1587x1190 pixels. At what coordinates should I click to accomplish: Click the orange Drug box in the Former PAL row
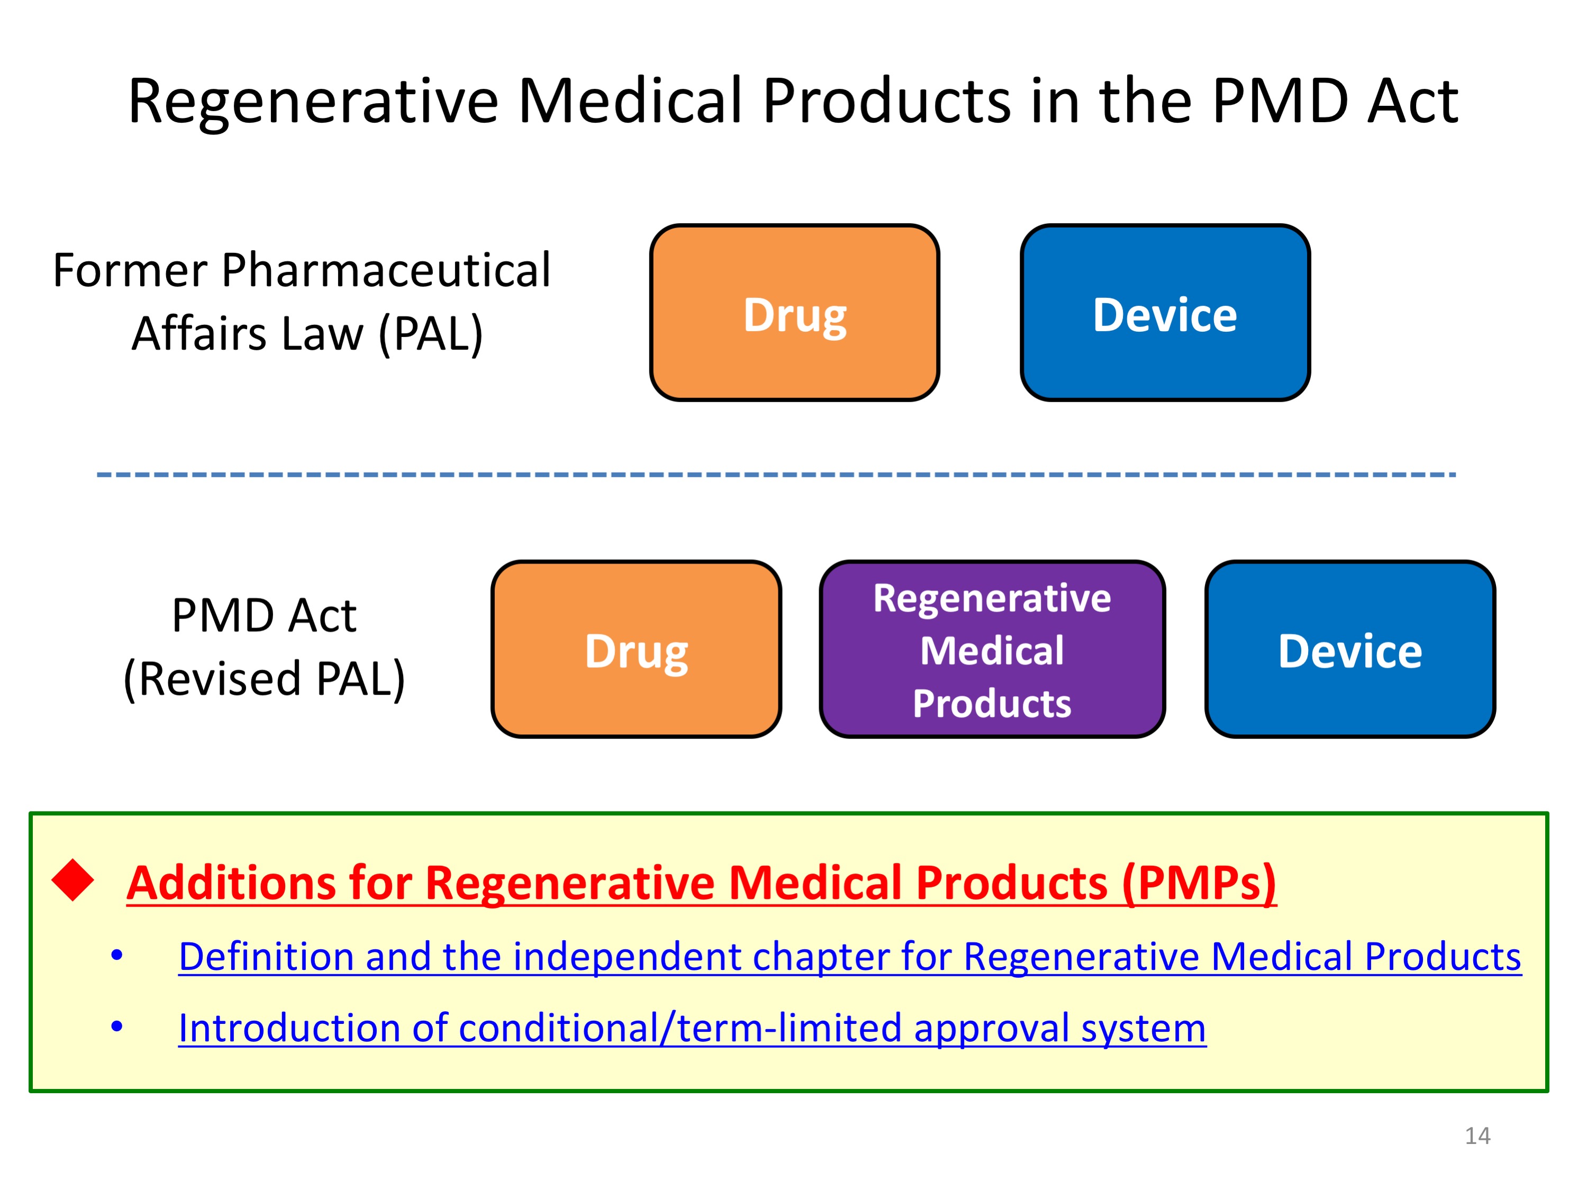click(794, 312)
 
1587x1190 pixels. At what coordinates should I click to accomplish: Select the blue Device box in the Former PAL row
click(1165, 312)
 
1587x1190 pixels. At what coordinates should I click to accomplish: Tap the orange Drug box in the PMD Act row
click(637, 649)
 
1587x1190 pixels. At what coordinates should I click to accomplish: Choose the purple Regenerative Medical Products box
click(992, 649)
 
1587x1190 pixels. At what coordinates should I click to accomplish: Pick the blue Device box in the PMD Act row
click(1350, 649)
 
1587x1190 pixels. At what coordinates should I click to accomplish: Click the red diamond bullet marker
click(73, 879)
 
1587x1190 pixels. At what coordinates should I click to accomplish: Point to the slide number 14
click(1477, 1136)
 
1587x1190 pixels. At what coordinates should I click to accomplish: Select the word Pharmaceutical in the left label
click(386, 270)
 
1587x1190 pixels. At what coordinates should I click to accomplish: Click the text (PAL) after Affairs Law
click(430, 334)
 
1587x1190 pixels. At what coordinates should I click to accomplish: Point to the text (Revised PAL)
click(265, 678)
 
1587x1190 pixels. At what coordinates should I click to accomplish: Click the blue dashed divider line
click(776, 474)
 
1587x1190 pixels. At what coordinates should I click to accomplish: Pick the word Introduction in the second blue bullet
click(289, 1028)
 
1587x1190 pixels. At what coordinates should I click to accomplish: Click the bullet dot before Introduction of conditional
click(117, 1027)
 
